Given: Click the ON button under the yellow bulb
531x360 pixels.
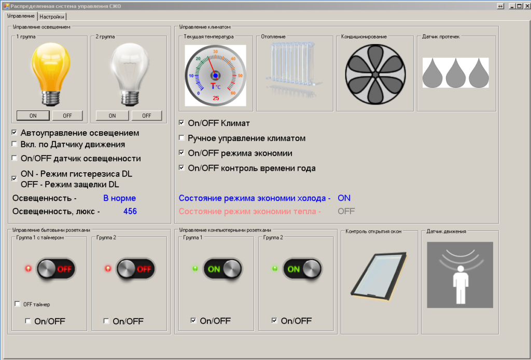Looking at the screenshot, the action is coord(33,116).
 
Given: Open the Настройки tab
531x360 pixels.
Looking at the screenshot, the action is coord(52,17).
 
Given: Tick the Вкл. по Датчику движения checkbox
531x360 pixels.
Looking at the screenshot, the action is coord(14,144).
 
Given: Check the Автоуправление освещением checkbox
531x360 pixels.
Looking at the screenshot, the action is coord(14,132).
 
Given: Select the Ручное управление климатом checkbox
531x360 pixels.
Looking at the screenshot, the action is coord(181,138).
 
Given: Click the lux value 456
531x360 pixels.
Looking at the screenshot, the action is coord(130,211).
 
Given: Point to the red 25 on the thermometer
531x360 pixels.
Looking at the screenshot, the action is coord(216,98).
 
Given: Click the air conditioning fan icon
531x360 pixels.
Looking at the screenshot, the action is coord(375,74).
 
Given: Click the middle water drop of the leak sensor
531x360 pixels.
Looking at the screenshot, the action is coord(455,73).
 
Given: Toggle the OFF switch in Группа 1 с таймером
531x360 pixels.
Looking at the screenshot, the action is coord(56,269).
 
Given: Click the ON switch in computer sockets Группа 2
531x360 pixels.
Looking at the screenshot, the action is coord(302,269).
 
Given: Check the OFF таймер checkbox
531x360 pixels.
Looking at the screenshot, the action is coord(17,304).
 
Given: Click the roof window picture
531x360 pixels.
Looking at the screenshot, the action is coord(379,276).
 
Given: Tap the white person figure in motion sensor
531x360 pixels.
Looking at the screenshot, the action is coord(460,284).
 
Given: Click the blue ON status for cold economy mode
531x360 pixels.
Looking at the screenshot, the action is coord(344,198).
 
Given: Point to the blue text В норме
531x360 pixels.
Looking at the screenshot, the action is coord(120,198).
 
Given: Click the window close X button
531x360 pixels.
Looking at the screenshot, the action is coord(527,6).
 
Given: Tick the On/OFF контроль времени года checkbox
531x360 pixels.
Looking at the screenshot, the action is coord(181,168).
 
